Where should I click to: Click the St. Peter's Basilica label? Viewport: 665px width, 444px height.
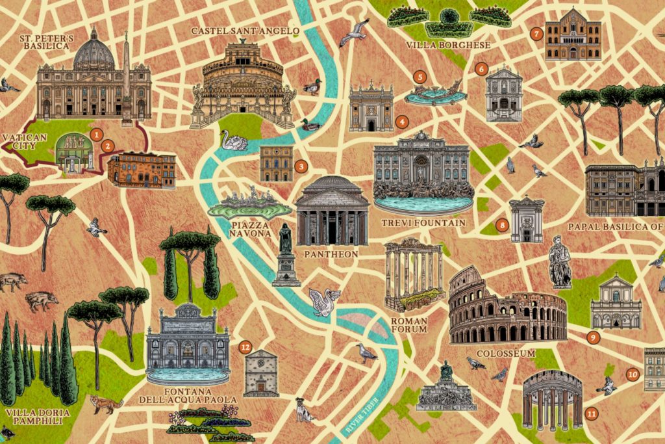click(46, 42)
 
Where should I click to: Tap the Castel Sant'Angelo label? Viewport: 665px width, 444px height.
click(245, 31)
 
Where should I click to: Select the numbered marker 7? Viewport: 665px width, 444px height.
click(536, 34)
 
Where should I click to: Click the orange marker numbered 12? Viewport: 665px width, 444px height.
click(245, 347)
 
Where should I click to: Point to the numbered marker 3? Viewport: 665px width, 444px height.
click(301, 166)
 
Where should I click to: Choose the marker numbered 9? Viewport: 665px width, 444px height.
click(592, 337)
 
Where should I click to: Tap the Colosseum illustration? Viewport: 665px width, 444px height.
click(507, 309)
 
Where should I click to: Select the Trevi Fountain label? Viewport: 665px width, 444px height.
click(423, 223)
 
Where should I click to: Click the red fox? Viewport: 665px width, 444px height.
click(107, 404)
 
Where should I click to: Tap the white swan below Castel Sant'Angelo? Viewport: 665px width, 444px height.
click(234, 140)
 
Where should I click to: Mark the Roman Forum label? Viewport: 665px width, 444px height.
click(409, 325)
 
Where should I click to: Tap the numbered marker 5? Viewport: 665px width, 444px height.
click(420, 77)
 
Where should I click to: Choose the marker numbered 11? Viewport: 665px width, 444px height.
click(591, 413)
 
